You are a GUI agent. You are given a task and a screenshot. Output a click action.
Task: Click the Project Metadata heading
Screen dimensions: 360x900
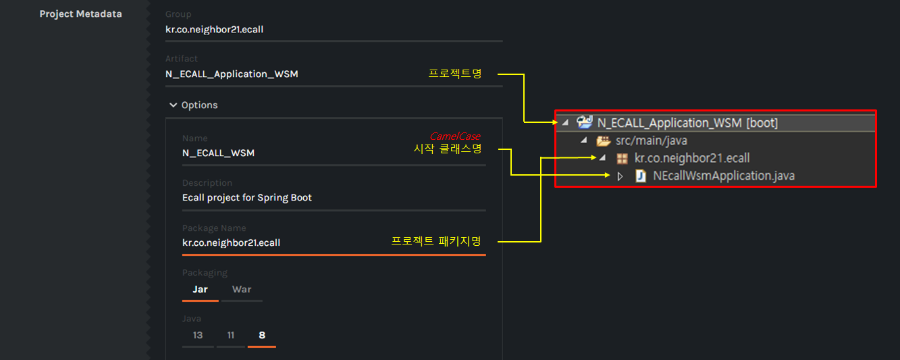80,14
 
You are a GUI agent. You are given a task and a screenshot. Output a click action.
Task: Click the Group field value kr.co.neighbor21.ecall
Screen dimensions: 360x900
219,30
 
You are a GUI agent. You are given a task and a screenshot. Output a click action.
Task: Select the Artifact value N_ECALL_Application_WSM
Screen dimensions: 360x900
232,74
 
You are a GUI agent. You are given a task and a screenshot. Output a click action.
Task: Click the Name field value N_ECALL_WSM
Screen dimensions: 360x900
218,153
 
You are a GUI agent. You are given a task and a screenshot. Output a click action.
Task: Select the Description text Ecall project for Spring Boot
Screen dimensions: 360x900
247,198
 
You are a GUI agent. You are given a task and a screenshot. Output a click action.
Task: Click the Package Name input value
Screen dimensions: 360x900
231,242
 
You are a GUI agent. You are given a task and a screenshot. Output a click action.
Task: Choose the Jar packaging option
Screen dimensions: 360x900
200,290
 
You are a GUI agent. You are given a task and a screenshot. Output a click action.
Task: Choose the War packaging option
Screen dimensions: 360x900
242,290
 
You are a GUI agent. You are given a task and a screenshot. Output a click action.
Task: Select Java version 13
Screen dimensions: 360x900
197,336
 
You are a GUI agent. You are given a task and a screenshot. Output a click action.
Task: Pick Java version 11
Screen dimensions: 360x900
231,336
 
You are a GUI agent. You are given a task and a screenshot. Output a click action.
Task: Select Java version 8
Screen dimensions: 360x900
262,336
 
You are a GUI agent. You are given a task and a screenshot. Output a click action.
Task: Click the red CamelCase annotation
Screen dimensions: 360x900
455,136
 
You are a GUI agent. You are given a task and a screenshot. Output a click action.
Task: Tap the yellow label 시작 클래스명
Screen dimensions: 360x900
447,149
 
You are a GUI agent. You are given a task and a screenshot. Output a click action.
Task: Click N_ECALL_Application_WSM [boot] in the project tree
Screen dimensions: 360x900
687,123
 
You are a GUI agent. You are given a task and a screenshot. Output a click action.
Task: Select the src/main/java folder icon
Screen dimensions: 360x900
603,141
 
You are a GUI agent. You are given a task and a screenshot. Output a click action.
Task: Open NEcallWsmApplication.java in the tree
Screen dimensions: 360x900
724,176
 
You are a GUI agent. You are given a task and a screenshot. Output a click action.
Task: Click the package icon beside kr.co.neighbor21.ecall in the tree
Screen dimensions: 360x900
622,159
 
